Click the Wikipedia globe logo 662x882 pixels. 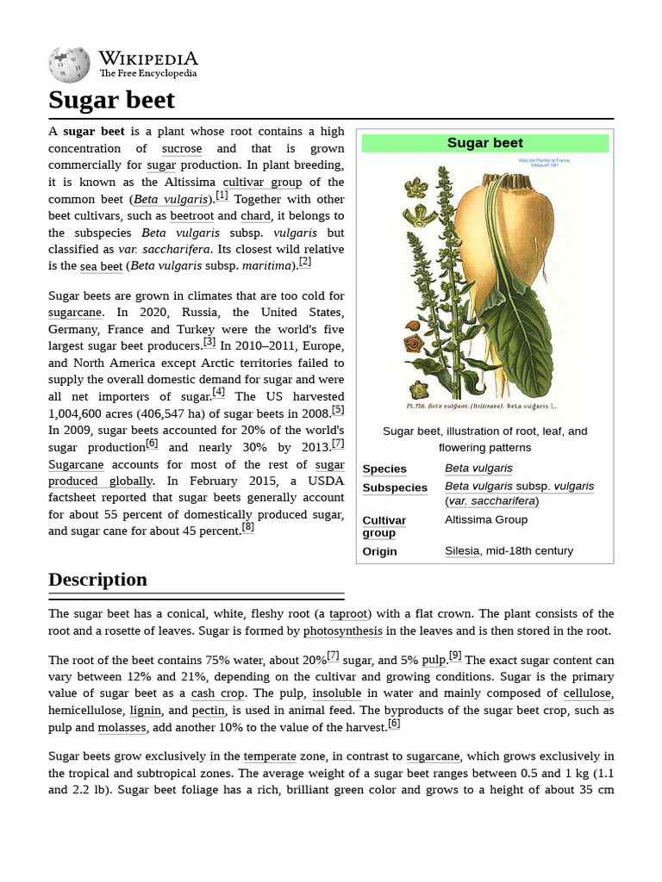69,65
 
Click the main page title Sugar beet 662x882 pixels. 111,100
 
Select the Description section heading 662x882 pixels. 97,580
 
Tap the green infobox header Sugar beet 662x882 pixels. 484,143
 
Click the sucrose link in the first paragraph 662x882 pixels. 182,148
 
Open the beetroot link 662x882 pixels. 191,215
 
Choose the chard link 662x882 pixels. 255,215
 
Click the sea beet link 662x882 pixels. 101,266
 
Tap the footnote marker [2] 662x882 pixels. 305,263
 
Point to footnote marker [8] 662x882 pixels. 248,527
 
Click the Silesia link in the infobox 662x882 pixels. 461,550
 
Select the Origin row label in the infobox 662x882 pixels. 379,551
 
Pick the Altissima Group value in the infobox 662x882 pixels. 486,519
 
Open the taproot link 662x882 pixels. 349,613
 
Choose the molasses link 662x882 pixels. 122,727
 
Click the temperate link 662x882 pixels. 270,756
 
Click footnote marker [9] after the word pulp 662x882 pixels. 455,656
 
